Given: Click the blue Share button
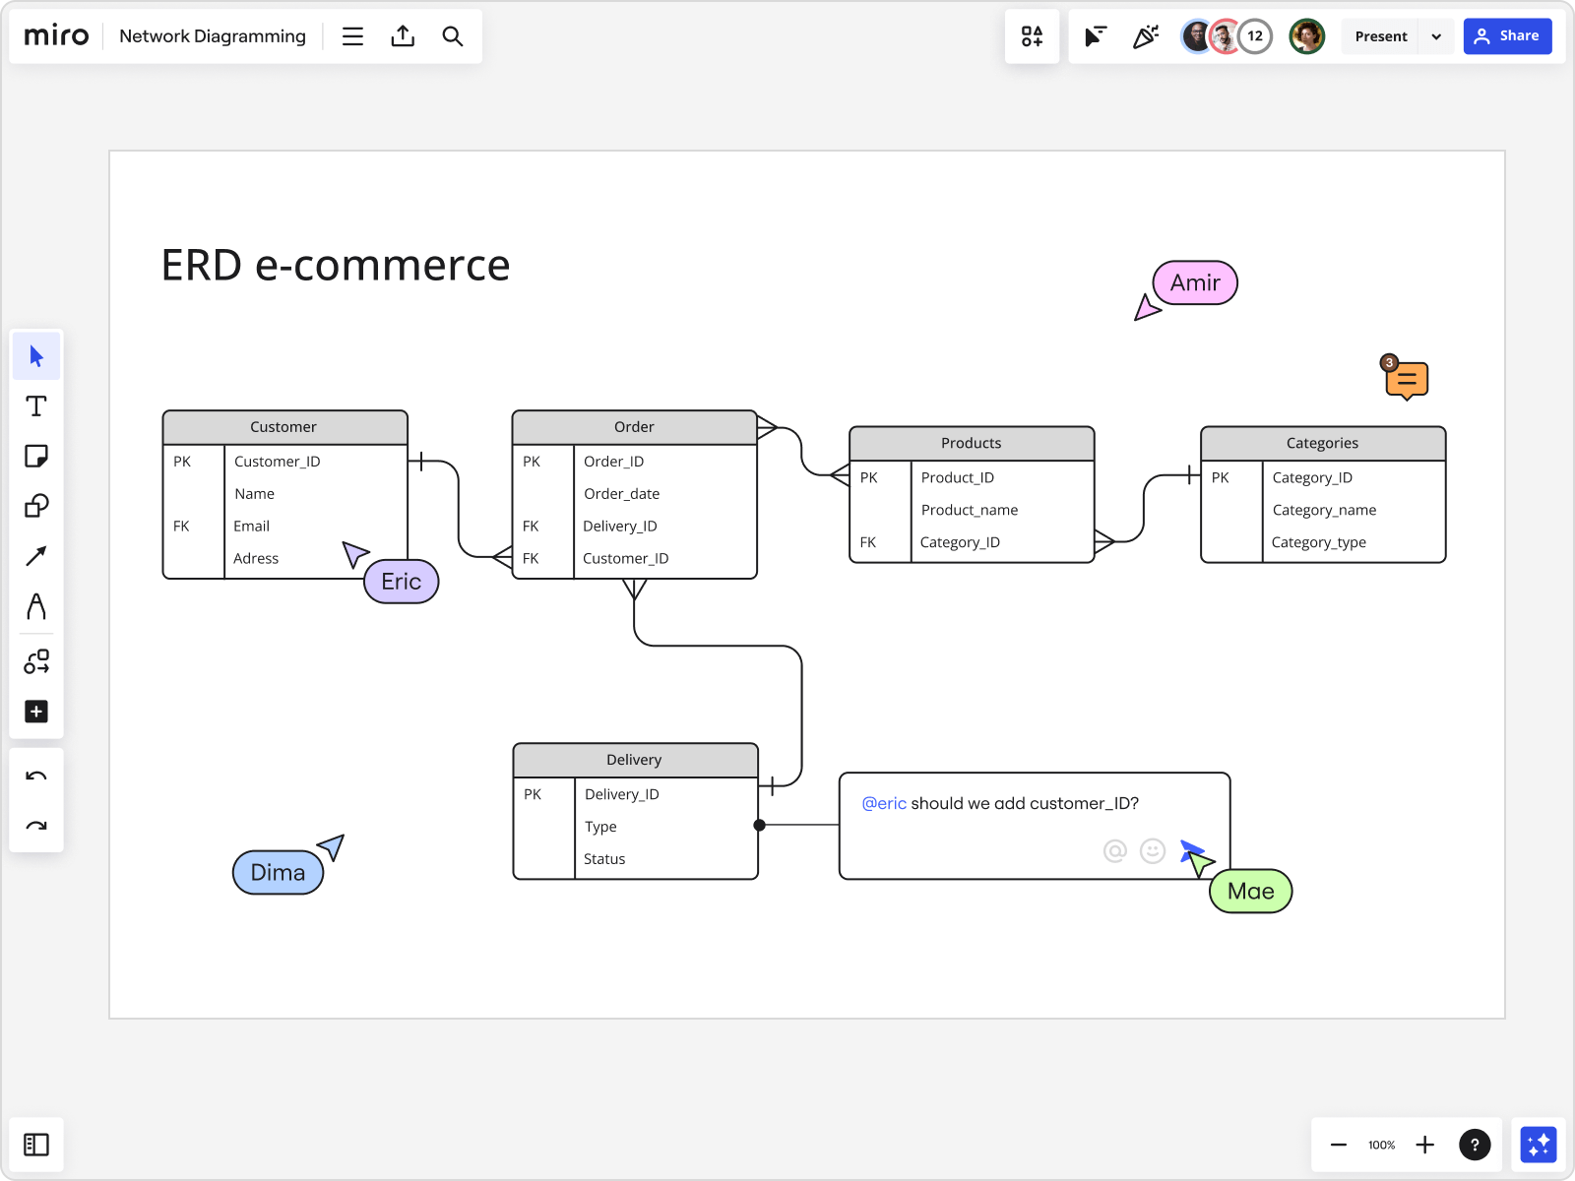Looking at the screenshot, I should point(1507,36).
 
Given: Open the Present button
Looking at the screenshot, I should point(1380,36).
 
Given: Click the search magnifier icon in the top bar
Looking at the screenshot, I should point(452,36).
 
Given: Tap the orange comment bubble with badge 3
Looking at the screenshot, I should point(1407,379).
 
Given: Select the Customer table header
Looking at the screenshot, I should point(284,427).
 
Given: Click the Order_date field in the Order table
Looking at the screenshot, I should point(621,494).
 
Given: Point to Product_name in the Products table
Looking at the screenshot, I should point(970,510).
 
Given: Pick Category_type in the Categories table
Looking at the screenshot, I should point(1318,542).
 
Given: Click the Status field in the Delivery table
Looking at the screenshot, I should point(604,859).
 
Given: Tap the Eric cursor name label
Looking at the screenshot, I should point(402,582).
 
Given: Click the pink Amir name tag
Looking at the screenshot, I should point(1195,283).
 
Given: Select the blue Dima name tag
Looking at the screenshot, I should point(278,873).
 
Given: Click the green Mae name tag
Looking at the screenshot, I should point(1250,892).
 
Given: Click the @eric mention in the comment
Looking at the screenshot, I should point(884,803).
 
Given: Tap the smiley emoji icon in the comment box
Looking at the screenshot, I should point(1152,850).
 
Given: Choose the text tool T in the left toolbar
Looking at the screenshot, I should point(36,406).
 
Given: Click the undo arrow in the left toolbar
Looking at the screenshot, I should point(36,777).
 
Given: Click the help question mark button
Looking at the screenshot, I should point(1474,1145).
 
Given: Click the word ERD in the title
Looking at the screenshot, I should point(202,266).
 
